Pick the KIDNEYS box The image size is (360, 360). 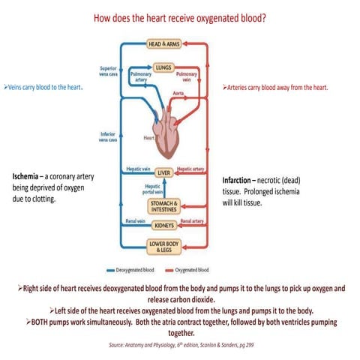(164, 225)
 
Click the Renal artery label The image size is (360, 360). (193, 221)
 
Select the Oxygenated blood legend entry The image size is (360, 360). (193, 269)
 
